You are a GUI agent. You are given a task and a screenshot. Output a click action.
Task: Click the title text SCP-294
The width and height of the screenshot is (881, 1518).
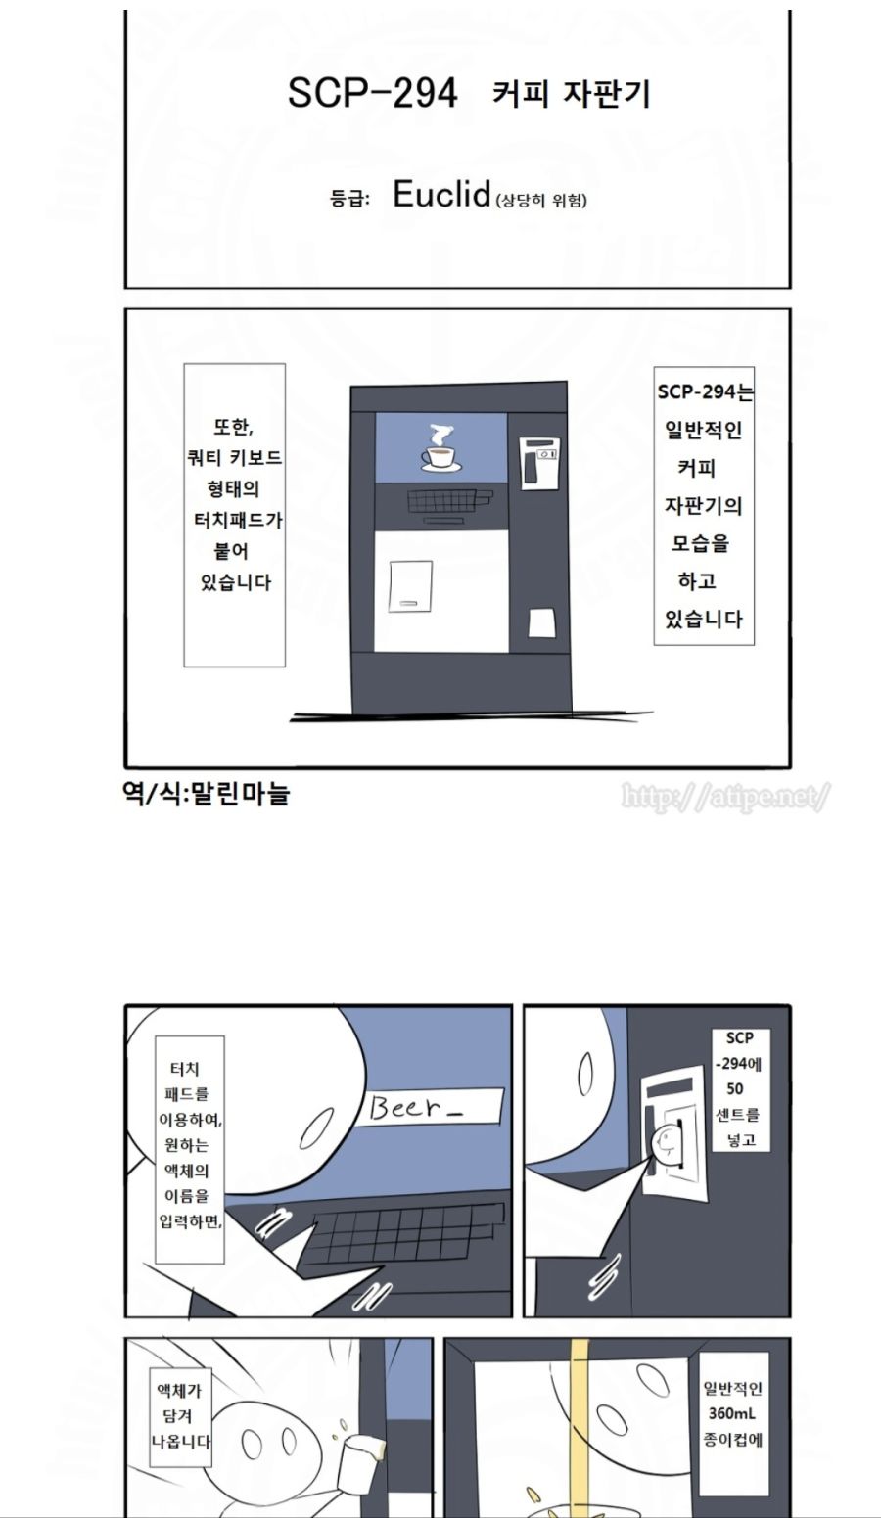pyautogui.click(x=372, y=93)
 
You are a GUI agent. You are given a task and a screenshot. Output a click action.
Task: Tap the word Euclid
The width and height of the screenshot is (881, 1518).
pyautogui.click(x=440, y=195)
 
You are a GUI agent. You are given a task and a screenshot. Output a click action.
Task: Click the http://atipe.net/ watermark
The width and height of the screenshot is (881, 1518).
pyautogui.click(x=725, y=797)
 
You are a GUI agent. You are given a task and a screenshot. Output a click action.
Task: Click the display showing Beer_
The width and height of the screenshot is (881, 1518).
pyautogui.click(x=430, y=1108)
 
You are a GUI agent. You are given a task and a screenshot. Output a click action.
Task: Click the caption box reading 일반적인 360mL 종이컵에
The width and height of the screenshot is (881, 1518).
pyautogui.click(x=732, y=1413)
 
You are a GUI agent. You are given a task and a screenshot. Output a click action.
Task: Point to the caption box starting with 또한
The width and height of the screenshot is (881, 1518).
pyautogui.click(x=235, y=515)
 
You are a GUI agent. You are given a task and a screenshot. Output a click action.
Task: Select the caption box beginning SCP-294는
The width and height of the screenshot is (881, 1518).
pyautogui.click(x=704, y=505)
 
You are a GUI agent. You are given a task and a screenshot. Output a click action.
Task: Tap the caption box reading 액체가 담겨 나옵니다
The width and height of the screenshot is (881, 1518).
pyautogui.click(x=180, y=1416)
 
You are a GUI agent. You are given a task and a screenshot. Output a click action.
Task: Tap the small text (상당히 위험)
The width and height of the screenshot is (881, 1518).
pyautogui.click(x=542, y=201)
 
